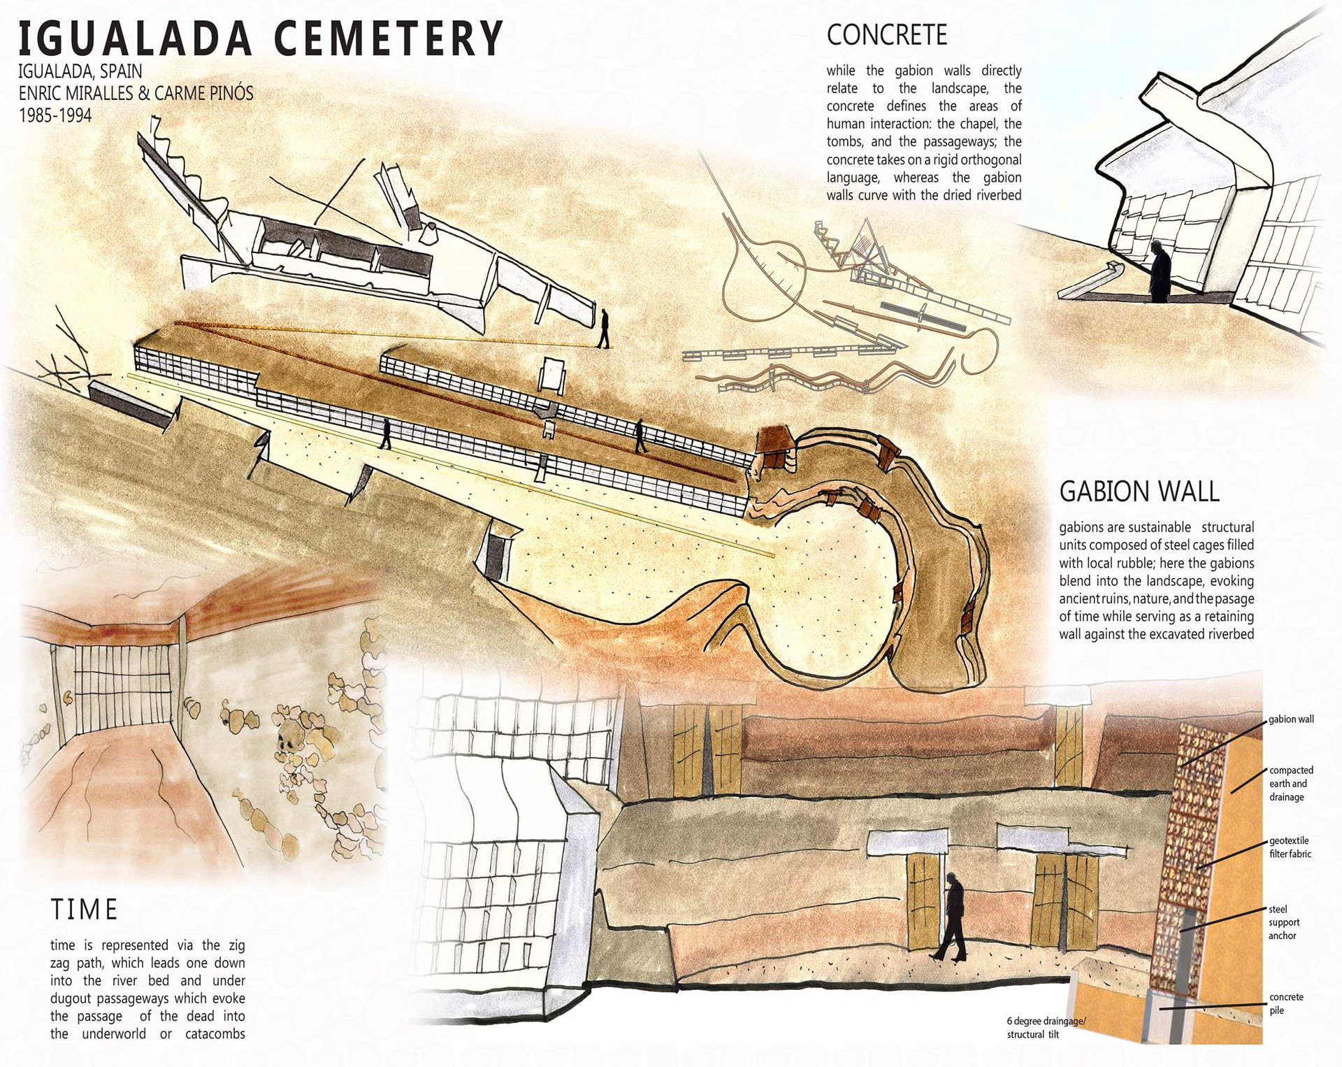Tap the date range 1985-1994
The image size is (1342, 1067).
[55, 115]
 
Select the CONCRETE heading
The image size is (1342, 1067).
[887, 35]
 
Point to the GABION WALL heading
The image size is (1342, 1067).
[1139, 492]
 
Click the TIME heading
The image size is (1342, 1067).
[84, 910]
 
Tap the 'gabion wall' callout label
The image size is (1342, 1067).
[1291, 719]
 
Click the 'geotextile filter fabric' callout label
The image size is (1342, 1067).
[1290, 847]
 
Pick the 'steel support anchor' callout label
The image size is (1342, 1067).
[1284, 922]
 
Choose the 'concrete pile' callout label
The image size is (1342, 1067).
[1286, 1003]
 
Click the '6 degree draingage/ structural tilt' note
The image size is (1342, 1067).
[1046, 1028]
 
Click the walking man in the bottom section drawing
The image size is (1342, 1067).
[950, 916]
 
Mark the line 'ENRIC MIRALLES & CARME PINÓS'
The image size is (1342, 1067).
[136, 93]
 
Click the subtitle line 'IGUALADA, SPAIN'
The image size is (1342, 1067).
[80, 71]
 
